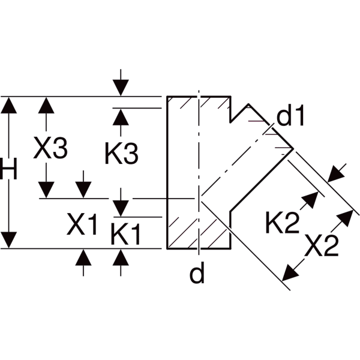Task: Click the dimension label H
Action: (x=8, y=172)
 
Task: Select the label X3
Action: (x=49, y=149)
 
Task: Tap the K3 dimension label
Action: (x=121, y=154)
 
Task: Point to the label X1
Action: (x=82, y=226)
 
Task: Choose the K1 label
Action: (x=125, y=233)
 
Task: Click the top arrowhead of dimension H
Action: (x=8, y=104)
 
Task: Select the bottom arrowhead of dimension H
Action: (x=8, y=239)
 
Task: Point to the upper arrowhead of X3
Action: (x=46, y=104)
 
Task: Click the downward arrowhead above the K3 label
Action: (x=121, y=88)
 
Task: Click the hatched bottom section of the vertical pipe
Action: (x=198, y=231)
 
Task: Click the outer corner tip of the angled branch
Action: (x=293, y=148)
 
